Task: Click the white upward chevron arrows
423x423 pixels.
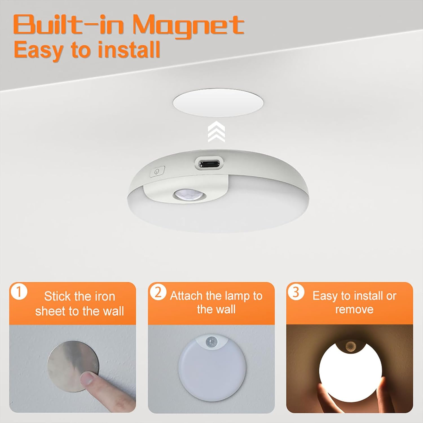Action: click(x=216, y=131)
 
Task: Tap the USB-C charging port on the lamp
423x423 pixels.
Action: click(x=209, y=164)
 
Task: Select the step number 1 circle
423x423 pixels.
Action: click(x=19, y=292)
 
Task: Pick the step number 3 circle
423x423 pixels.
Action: click(x=296, y=292)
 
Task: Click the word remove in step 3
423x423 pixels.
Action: click(x=354, y=309)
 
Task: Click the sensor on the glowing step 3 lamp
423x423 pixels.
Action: click(x=350, y=345)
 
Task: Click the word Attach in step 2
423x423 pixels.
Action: click(x=186, y=296)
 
